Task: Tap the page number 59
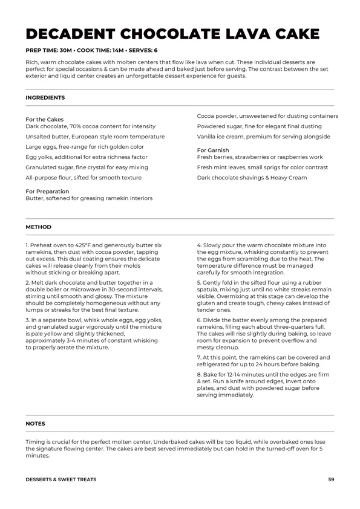point(331,479)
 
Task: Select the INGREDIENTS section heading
point(45,97)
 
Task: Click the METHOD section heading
point(38,227)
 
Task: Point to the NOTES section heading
point(35,424)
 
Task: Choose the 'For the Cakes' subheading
point(44,120)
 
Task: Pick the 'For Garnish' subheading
point(213,150)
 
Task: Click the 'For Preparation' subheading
point(47,192)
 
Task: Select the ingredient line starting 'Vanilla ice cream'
point(263,137)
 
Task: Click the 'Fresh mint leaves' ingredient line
point(262,167)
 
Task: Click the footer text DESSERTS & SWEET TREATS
point(61,479)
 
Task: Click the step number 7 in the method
point(198,357)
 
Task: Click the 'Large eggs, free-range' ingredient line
point(85,147)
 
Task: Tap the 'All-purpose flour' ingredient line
point(83,178)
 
